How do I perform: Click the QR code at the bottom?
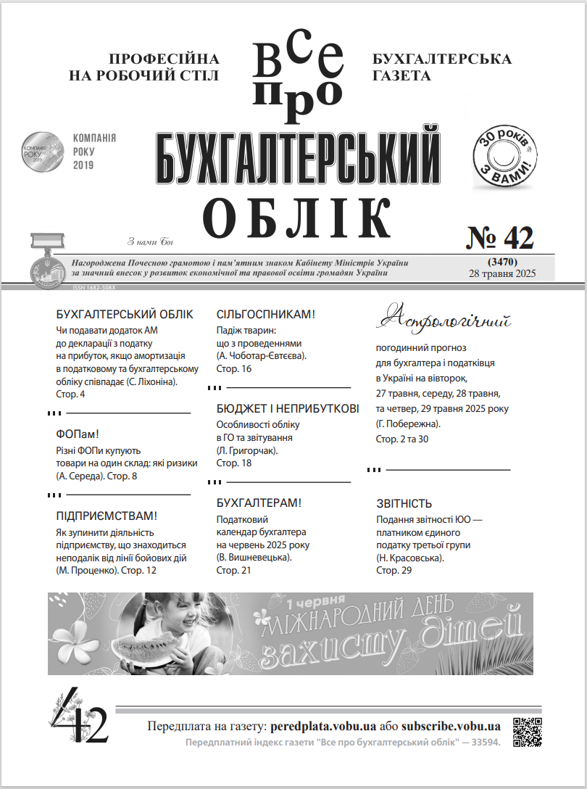point(528,731)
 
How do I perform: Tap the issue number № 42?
point(499,237)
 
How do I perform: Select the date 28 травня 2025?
point(501,272)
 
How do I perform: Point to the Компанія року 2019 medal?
point(41,151)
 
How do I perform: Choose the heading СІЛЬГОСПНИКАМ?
point(266,315)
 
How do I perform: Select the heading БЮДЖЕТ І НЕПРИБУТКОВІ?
point(288,409)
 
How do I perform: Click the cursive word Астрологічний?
point(445,317)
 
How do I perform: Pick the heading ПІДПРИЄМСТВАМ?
point(107,516)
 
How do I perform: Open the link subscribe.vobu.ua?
point(451,726)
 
